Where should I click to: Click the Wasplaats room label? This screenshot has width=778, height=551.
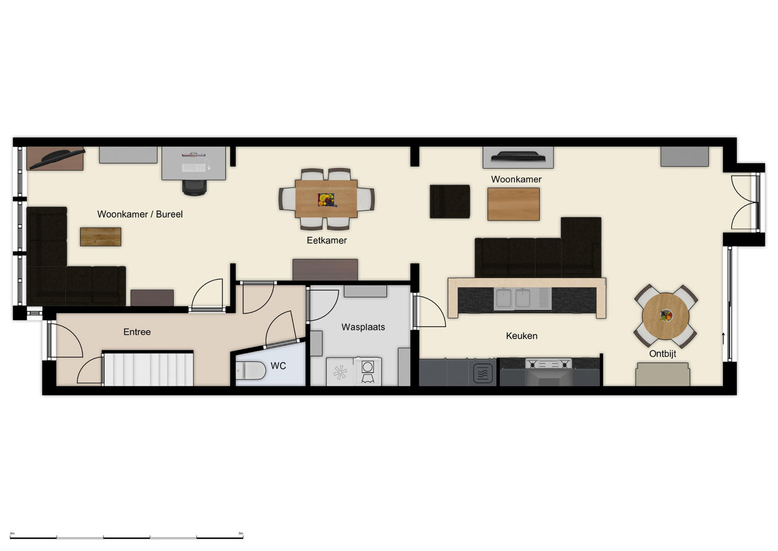tap(363, 327)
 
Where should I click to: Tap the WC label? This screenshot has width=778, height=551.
tap(278, 366)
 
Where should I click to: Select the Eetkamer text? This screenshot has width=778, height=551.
tap(327, 240)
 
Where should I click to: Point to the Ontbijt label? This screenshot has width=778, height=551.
tap(662, 354)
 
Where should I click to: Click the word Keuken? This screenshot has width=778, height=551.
tap(522, 336)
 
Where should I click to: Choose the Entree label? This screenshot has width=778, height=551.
tap(137, 332)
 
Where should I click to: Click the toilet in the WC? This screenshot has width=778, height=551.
tap(250, 370)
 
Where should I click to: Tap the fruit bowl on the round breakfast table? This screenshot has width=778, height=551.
tap(666, 315)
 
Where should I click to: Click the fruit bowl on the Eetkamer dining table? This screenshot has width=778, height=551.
tap(326, 200)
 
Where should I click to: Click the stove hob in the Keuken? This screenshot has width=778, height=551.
tap(549, 364)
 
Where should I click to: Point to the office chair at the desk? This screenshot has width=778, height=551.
tap(194, 187)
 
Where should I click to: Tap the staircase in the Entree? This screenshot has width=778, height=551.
tap(148, 369)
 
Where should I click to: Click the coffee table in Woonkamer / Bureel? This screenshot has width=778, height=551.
tap(101, 237)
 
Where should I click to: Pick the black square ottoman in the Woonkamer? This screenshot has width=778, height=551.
tap(450, 202)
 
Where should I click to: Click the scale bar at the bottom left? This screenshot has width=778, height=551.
tap(127, 536)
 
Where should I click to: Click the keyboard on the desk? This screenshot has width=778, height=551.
tap(193, 168)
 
